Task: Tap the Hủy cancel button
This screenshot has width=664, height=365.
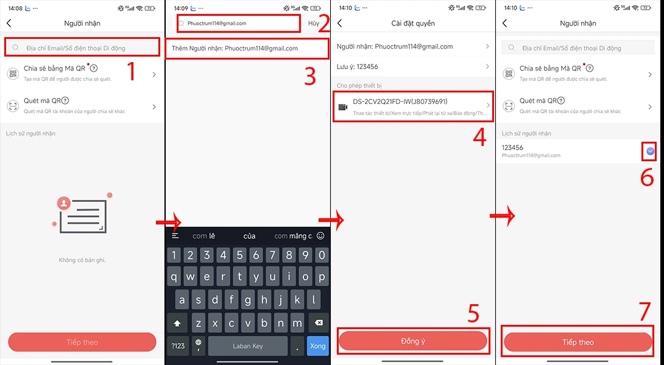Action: [x=313, y=23]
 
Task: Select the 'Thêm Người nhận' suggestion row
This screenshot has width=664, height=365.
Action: [x=235, y=48]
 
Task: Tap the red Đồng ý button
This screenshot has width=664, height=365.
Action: [x=413, y=341]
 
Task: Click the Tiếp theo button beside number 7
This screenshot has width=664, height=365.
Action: [x=577, y=342]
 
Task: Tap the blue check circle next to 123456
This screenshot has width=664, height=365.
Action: [x=650, y=151]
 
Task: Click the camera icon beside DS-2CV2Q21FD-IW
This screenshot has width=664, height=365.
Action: [x=343, y=107]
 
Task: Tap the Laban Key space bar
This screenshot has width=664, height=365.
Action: [x=247, y=346]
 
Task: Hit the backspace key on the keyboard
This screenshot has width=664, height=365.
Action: [x=318, y=322]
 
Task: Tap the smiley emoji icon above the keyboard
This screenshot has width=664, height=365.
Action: [x=320, y=236]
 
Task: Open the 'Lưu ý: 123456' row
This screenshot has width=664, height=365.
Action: [x=413, y=66]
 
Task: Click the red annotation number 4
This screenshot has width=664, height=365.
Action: [x=479, y=137]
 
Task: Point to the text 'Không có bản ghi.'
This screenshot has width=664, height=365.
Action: [x=82, y=260]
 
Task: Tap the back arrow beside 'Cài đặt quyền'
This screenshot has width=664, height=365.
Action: [x=340, y=23]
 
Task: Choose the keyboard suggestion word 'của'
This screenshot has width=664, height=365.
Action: [x=249, y=236]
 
